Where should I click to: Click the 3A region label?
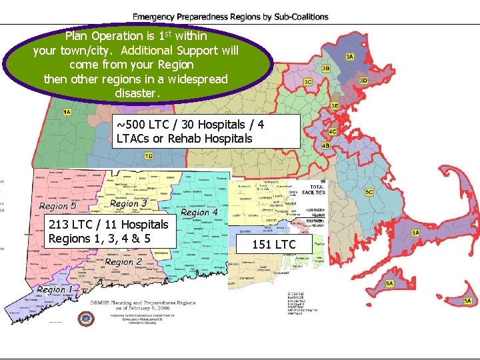(349, 57)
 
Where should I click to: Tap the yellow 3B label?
(325, 68)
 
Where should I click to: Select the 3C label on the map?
(307, 81)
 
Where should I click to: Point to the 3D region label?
(363, 81)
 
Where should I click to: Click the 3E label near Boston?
(334, 105)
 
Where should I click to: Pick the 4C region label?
(333, 131)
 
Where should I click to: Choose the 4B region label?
(325, 145)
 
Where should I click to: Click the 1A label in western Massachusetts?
(67, 112)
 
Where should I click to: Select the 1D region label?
(148, 156)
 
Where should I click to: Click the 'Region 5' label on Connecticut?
(58, 206)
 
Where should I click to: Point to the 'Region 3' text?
(129, 203)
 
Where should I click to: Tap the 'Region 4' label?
(199, 213)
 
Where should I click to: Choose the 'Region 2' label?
(123, 262)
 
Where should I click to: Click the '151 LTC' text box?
(273, 245)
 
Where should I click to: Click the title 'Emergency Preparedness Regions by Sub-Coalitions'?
(231, 17)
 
